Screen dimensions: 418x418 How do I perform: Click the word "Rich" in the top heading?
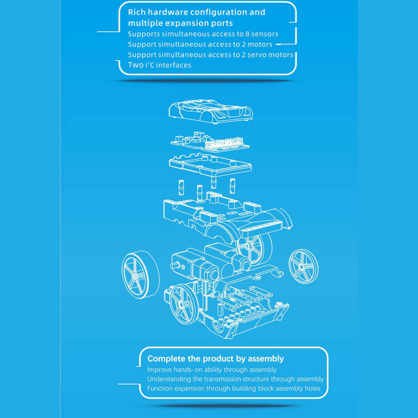[137, 12]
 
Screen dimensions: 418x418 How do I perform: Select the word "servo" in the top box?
[256, 55]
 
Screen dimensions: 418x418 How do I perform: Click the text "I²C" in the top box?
[150, 65]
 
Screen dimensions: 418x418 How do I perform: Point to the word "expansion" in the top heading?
[186, 23]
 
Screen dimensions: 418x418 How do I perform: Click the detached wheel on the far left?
[140, 275]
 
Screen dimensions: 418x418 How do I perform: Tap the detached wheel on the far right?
[303, 266]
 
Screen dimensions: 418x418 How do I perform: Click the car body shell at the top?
[211, 112]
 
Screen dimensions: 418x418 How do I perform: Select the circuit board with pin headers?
[210, 143]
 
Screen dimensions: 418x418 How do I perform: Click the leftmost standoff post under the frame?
[181, 188]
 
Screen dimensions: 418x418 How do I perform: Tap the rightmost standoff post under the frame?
[232, 186]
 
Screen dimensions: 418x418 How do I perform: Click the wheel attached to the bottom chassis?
[184, 304]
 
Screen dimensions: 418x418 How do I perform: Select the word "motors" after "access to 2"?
[260, 45]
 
